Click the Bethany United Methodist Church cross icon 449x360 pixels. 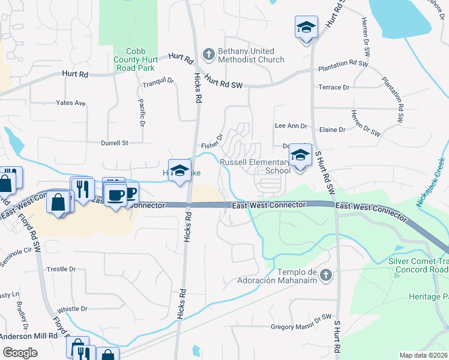pyautogui.click(x=209, y=55)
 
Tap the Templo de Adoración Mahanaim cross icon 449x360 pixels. pyautogui.click(x=325, y=275)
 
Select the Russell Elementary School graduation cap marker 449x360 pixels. pyautogui.click(x=299, y=156)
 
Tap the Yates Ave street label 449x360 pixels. pyautogui.click(x=71, y=103)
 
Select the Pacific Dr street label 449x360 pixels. pyautogui.click(x=142, y=113)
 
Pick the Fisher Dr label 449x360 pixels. pyautogui.click(x=212, y=141)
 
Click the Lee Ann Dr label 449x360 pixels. pyautogui.click(x=291, y=126)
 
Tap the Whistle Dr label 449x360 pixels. pyautogui.click(x=72, y=309)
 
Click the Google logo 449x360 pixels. pyautogui.click(x=20, y=352)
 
